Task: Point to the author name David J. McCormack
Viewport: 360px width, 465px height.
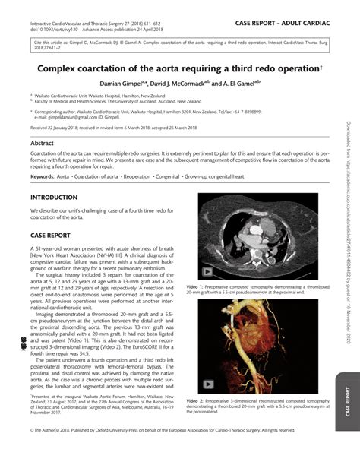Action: (x=185, y=82)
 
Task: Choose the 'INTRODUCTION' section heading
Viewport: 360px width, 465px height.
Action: (x=53, y=197)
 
